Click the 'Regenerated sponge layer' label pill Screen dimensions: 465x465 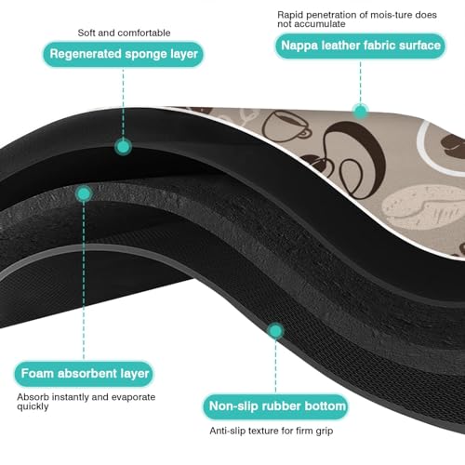tap(124, 54)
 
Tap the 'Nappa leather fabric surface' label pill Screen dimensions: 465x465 tap(361, 46)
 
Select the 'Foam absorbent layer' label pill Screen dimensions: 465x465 tap(84, 374)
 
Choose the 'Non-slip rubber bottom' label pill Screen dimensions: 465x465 tap(276, 406)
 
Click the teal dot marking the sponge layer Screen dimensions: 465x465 tap(123, 147)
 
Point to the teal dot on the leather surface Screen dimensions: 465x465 tap(360, 112)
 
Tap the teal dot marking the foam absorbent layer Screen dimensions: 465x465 tap(84, 194)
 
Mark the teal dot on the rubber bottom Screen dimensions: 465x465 tap(275, 331)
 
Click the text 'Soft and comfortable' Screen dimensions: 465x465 tap(124, 33)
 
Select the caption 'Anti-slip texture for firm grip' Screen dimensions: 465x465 tap(272, 431)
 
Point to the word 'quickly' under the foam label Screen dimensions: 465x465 tap(33, 406)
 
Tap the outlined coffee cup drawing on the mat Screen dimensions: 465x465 tap(286, 126)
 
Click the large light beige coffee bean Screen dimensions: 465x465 tap(423, 206)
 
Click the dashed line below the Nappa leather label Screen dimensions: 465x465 tap(360, 81)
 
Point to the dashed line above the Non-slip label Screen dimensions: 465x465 tap(275, 366)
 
